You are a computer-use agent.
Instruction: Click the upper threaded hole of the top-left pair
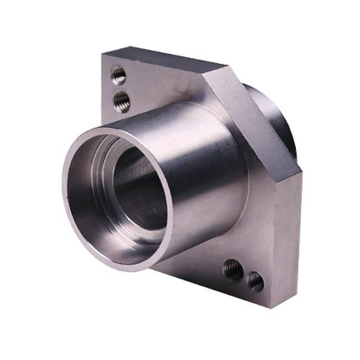[118, 75]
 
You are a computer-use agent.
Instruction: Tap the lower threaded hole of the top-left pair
[122, 101]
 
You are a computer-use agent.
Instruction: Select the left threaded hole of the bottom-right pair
[233, 270]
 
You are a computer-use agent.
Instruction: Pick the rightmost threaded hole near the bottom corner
[255, 281]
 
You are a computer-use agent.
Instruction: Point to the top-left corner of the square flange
[103, 54]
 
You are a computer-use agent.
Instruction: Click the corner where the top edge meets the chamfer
[224, 69]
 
